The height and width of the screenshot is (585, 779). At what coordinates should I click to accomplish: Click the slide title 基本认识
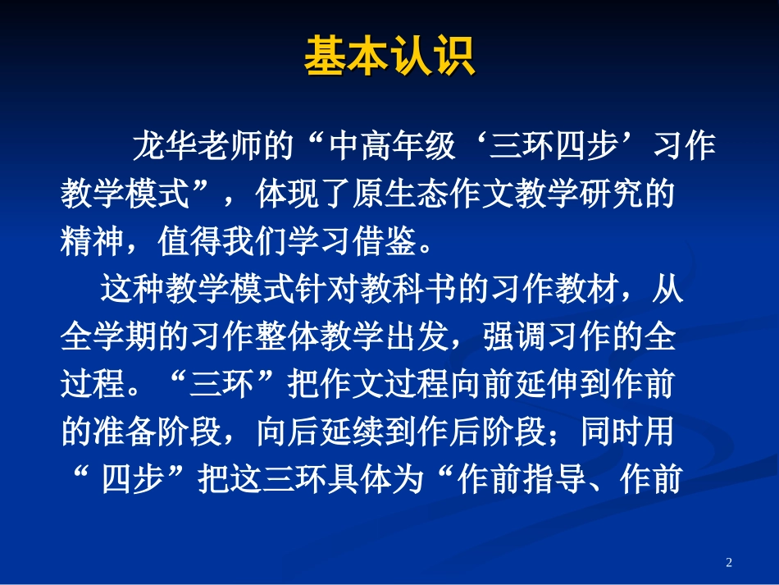click(389, 56)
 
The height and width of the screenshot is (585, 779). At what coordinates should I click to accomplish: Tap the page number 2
click(729, 562)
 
